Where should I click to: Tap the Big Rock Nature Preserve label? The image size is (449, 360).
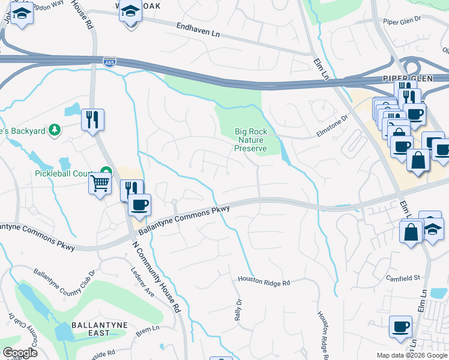(251, 140)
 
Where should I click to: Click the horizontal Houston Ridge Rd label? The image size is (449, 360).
(264, 280)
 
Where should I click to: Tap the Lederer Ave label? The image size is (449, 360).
(143, 281)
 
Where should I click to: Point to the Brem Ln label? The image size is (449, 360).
(148, 329)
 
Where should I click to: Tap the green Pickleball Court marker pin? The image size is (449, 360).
(107, 171)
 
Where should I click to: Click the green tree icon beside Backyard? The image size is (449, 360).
(55, 130)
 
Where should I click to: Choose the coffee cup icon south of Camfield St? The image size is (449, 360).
(400, 327)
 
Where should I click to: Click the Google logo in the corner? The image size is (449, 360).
(20, 353)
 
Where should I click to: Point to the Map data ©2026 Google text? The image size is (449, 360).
(411, 355)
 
